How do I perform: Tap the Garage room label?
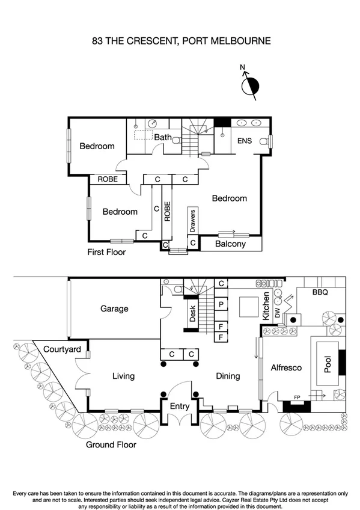[114, 309]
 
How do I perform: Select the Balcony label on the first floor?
[231, 244]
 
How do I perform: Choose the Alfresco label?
[285, 367]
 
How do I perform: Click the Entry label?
[180, 406]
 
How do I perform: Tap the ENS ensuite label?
[244, 141]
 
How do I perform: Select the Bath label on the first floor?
[163, 137]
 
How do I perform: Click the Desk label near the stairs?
[192, 314]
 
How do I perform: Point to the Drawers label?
[193, 221]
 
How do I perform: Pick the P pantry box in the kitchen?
[221, 304]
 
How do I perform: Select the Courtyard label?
[64, 349]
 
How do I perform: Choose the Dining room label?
[228, 376]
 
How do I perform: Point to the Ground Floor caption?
[111, 445]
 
